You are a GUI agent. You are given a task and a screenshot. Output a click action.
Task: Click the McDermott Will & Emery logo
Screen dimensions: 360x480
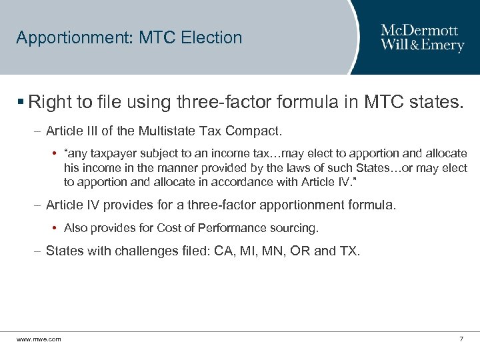point(422,37)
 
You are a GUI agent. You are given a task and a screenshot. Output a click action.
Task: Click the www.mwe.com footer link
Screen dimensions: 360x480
point(39,339)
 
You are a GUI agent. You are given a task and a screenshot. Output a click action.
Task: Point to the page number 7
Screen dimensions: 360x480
point(461,339)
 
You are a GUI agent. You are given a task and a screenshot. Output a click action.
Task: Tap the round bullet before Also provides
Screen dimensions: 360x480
point(53,228)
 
